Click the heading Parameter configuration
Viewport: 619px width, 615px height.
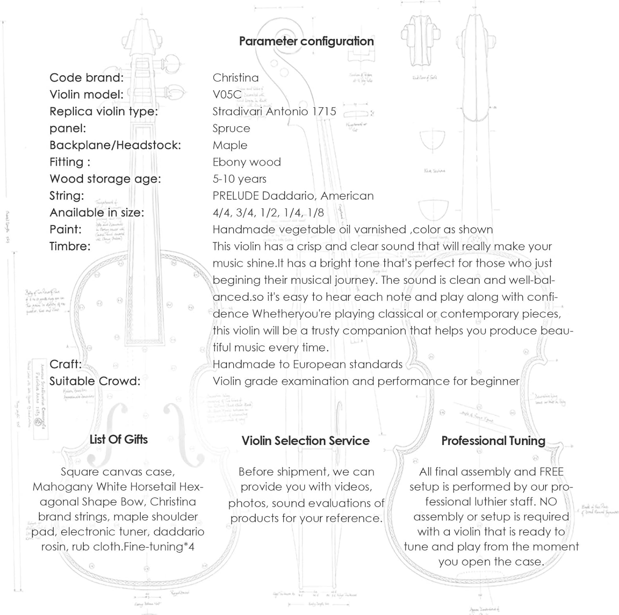[306, 41]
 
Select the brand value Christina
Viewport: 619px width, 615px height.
[236, 78]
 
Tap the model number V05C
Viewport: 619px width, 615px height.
[227, 94]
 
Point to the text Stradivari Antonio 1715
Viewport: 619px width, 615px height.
[274, 111]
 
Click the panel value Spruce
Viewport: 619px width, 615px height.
[231, 128]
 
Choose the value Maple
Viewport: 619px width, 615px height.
[230, 145]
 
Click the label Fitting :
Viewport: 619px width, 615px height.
[70, 162]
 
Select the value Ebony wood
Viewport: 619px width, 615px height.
[246, 162]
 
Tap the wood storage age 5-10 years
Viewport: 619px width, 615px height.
[239, 179]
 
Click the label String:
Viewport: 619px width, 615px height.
[66, 196]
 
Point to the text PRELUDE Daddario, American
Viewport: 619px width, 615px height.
[293, 196]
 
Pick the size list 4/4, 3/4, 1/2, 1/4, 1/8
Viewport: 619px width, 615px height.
[268, 213]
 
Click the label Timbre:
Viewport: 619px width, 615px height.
[70, 246]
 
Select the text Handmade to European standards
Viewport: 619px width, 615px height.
[307, 364]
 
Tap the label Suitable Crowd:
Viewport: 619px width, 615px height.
[95, 381]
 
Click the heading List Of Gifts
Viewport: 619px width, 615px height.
[118, 440]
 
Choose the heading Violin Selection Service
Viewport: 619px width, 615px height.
[305, 441]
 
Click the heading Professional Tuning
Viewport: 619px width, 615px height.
[493, 441]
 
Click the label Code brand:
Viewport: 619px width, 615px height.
[86, 78]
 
